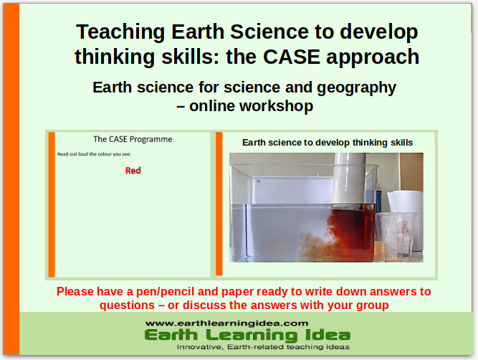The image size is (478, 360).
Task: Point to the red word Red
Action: [133, 171]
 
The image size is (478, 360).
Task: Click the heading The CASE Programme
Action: [133, 139]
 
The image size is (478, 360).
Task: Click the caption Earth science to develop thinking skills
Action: [327, 143]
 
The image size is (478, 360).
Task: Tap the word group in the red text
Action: [372, 305]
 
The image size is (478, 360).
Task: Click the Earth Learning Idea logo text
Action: [247, 335]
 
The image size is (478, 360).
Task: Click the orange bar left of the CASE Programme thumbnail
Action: [52, 204]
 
